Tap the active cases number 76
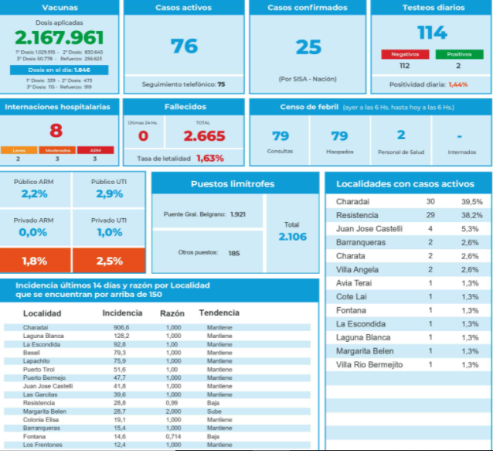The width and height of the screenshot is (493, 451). pyautogui.click(x=184, y=46)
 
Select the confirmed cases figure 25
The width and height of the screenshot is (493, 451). pyautogui.click(x=308, y=47)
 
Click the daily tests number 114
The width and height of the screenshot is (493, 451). pyautogui.click(x=431, y=32)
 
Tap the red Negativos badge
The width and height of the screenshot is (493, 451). pyautogui.click(x=399, y=55)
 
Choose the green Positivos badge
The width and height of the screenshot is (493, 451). pyautogui.click(x=459, y=55)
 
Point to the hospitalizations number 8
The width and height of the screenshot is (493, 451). pyautogui.click(x=56, y=130)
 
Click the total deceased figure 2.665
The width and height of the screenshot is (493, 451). pyautogui.click(x=204, y=136)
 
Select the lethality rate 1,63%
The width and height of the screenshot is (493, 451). pyautogui.click(x=209, y=158)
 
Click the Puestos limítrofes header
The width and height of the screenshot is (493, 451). pyautogui.click(x=233, y=184)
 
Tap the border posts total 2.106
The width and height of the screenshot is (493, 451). pyautogui.click(x=291, y=237)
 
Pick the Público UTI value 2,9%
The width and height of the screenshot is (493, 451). pyautogui.click(x=110, y=193)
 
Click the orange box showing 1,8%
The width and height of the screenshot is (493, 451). pyautogui.click(x=36, y=261)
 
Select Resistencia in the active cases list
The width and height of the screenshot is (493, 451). pyautogui.click(x=358, y=214)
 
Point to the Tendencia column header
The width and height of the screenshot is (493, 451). pyautogui.click(x=219, y=313)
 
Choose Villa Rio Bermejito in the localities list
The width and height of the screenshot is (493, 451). pyautogui.click(x=369, y=364)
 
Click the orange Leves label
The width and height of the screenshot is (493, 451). pyautogui.click(x=19, y=150)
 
